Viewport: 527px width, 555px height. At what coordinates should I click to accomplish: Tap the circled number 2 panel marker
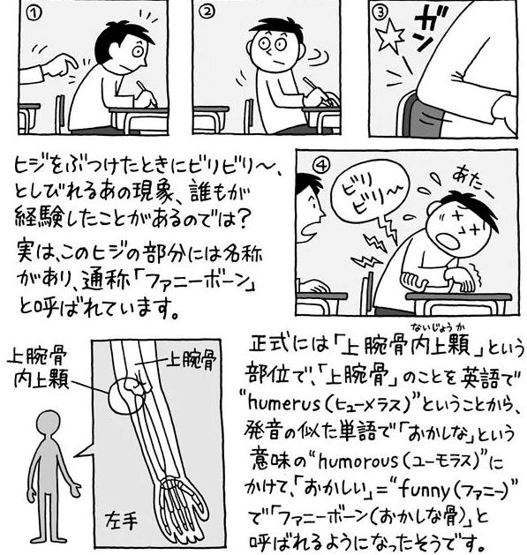[207, 12]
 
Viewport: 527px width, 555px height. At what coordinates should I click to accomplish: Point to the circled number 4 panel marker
[322, 165]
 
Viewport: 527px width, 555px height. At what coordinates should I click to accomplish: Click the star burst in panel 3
[389, 35]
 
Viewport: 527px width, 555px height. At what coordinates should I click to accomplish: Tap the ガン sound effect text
[429, 31]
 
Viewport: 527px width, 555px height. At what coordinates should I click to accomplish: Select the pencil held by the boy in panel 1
[147, 94]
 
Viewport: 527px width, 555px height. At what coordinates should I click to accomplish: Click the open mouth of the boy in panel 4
[449, 242]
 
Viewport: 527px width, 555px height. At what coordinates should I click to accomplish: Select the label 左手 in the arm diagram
[121, 521]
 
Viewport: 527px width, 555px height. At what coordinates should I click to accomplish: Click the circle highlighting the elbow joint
[127, 395]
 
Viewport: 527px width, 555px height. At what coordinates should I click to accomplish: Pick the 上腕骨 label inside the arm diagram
[191, 360]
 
